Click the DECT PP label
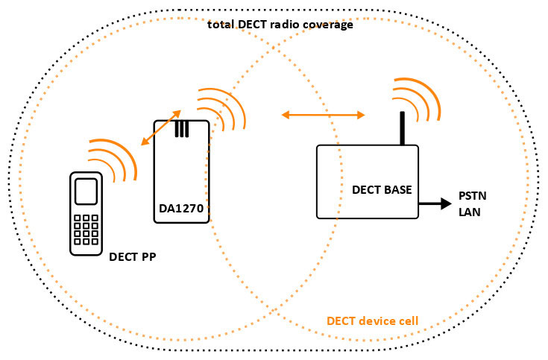pos(133,257)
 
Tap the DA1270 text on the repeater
pos(181,208)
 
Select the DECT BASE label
pos(382,190)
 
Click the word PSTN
pos(473,196)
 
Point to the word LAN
pos(470,212)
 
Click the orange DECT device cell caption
pos(372,320)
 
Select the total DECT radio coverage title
pos(280,25)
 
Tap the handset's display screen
pos(86,192)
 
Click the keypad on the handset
pos(86,230)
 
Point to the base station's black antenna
pos(403,128)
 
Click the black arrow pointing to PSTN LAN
pos(435,203)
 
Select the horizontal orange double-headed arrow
pos(324,115)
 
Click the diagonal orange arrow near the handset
pos(161,127)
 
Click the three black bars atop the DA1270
pos(182,129)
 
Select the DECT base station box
pos(368,182)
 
